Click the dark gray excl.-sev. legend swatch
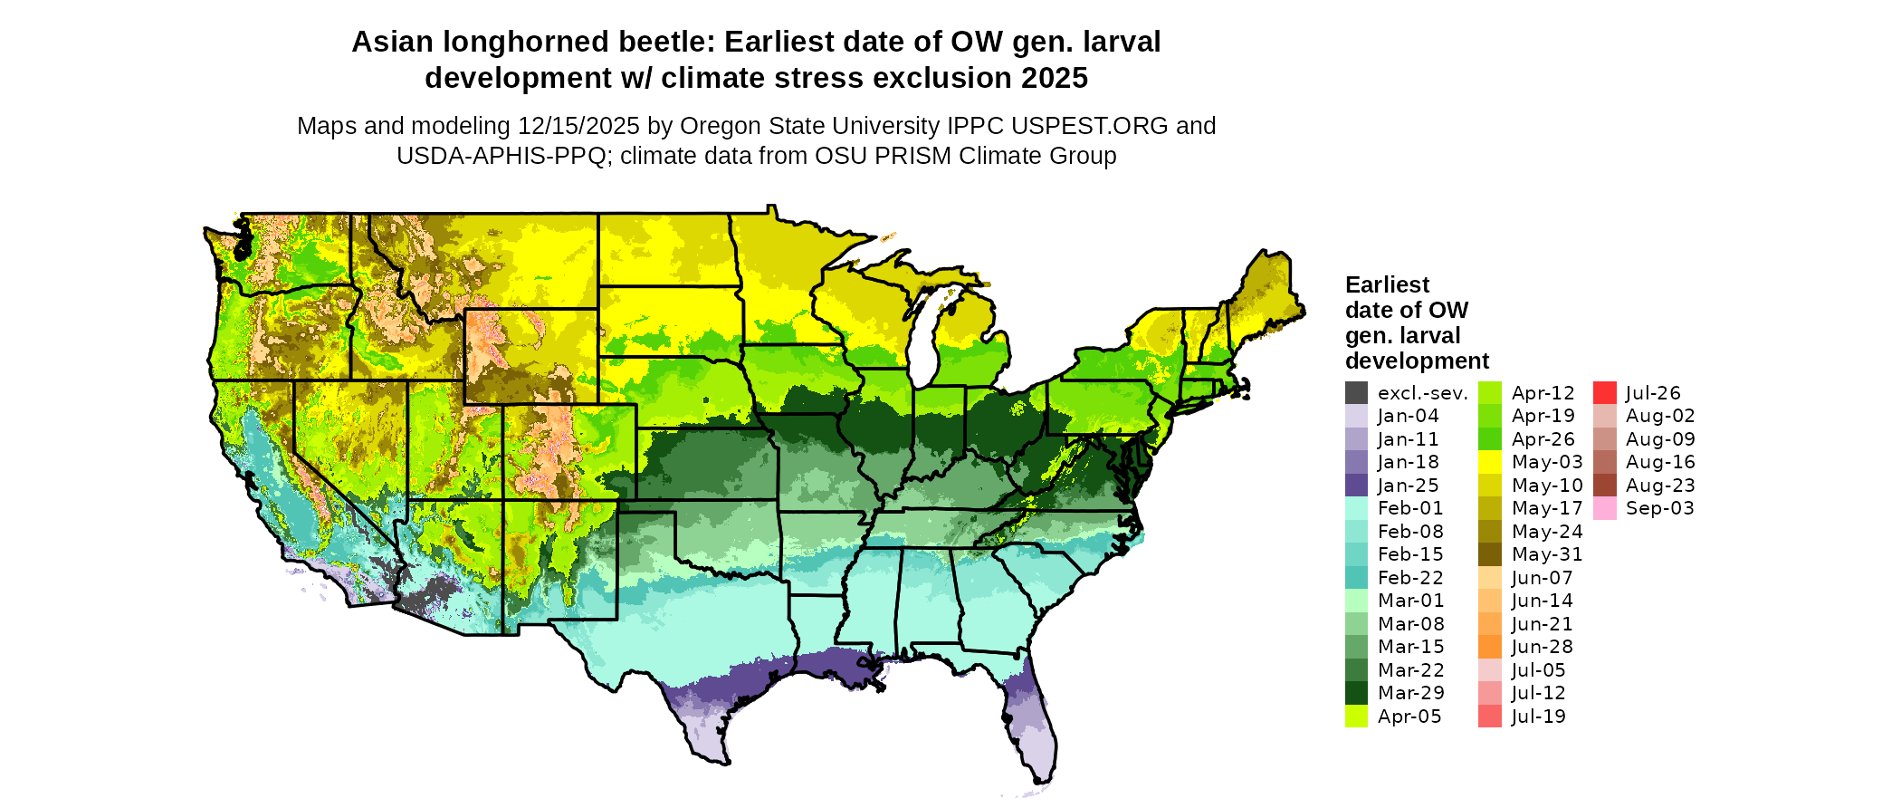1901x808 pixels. point(1356,393)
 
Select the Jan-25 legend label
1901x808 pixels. point(1408,486)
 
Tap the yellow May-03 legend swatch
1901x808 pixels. point(1489,462)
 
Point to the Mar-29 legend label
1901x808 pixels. point(1410,693)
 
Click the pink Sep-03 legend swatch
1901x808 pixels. point(1604,508)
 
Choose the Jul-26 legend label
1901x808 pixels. point(1653,393)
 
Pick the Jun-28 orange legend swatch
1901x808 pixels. point(1489,647)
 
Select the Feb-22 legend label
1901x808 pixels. point(1410,578)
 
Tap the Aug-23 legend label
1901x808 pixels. point(1660,486)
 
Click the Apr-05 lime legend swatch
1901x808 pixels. point(1356,717)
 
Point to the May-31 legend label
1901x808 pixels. point(1547,554)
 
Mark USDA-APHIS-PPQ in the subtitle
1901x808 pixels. point(501,156)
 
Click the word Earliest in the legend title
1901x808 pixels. point(1387,285)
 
